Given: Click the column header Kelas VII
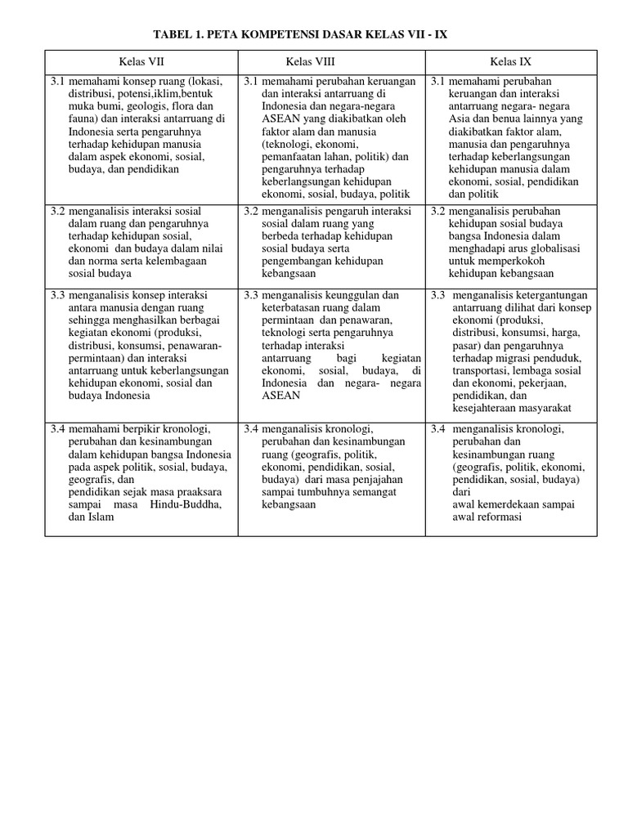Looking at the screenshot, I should (x=141, y=61).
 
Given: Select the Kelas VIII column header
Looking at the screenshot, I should (x=310, y=61).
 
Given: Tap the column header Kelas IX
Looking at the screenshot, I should (x=511, y=61).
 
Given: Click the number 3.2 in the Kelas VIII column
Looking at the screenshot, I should (x=250, y=211).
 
